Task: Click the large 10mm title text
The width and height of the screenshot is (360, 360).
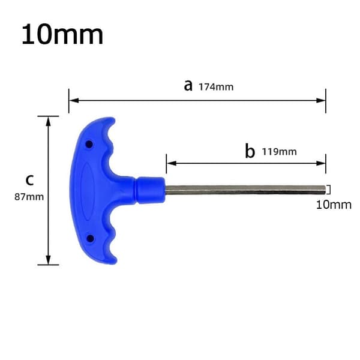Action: pos(62,34)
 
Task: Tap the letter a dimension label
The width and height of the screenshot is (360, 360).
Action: pos(188,86)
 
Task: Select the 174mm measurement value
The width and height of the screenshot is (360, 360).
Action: pos(216,87)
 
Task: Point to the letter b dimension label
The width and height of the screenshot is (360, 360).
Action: pos(250,151)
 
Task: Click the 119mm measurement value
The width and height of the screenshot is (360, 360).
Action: pos(280,152)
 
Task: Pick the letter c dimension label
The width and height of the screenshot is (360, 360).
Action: pos(29,180)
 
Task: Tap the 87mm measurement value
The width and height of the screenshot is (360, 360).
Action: pos(29,197)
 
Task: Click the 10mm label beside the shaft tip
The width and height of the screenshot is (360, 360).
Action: pos(334,205)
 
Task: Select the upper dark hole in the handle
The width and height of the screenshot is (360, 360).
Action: pos(89,145)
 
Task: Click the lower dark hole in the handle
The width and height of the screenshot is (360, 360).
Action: pos(90,238)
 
